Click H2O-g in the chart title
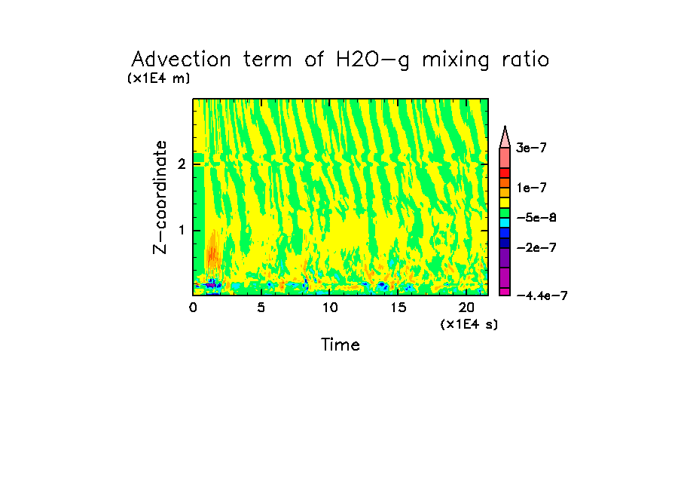click(371, 60)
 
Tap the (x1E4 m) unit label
click(159, 78)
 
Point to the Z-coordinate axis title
click(160, 197)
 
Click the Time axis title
click(340, 345)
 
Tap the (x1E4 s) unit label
click(469, 324)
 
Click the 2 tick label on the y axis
click(182, 164)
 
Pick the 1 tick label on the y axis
click(182, 230)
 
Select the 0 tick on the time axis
click(193, 308)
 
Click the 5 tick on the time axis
click(261, 308)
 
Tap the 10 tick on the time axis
click(329, 308)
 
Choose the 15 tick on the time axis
click(398, 308)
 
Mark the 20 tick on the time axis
click(466, 308)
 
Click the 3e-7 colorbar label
click(531, 149)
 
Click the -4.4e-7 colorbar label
click(541, 295)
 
